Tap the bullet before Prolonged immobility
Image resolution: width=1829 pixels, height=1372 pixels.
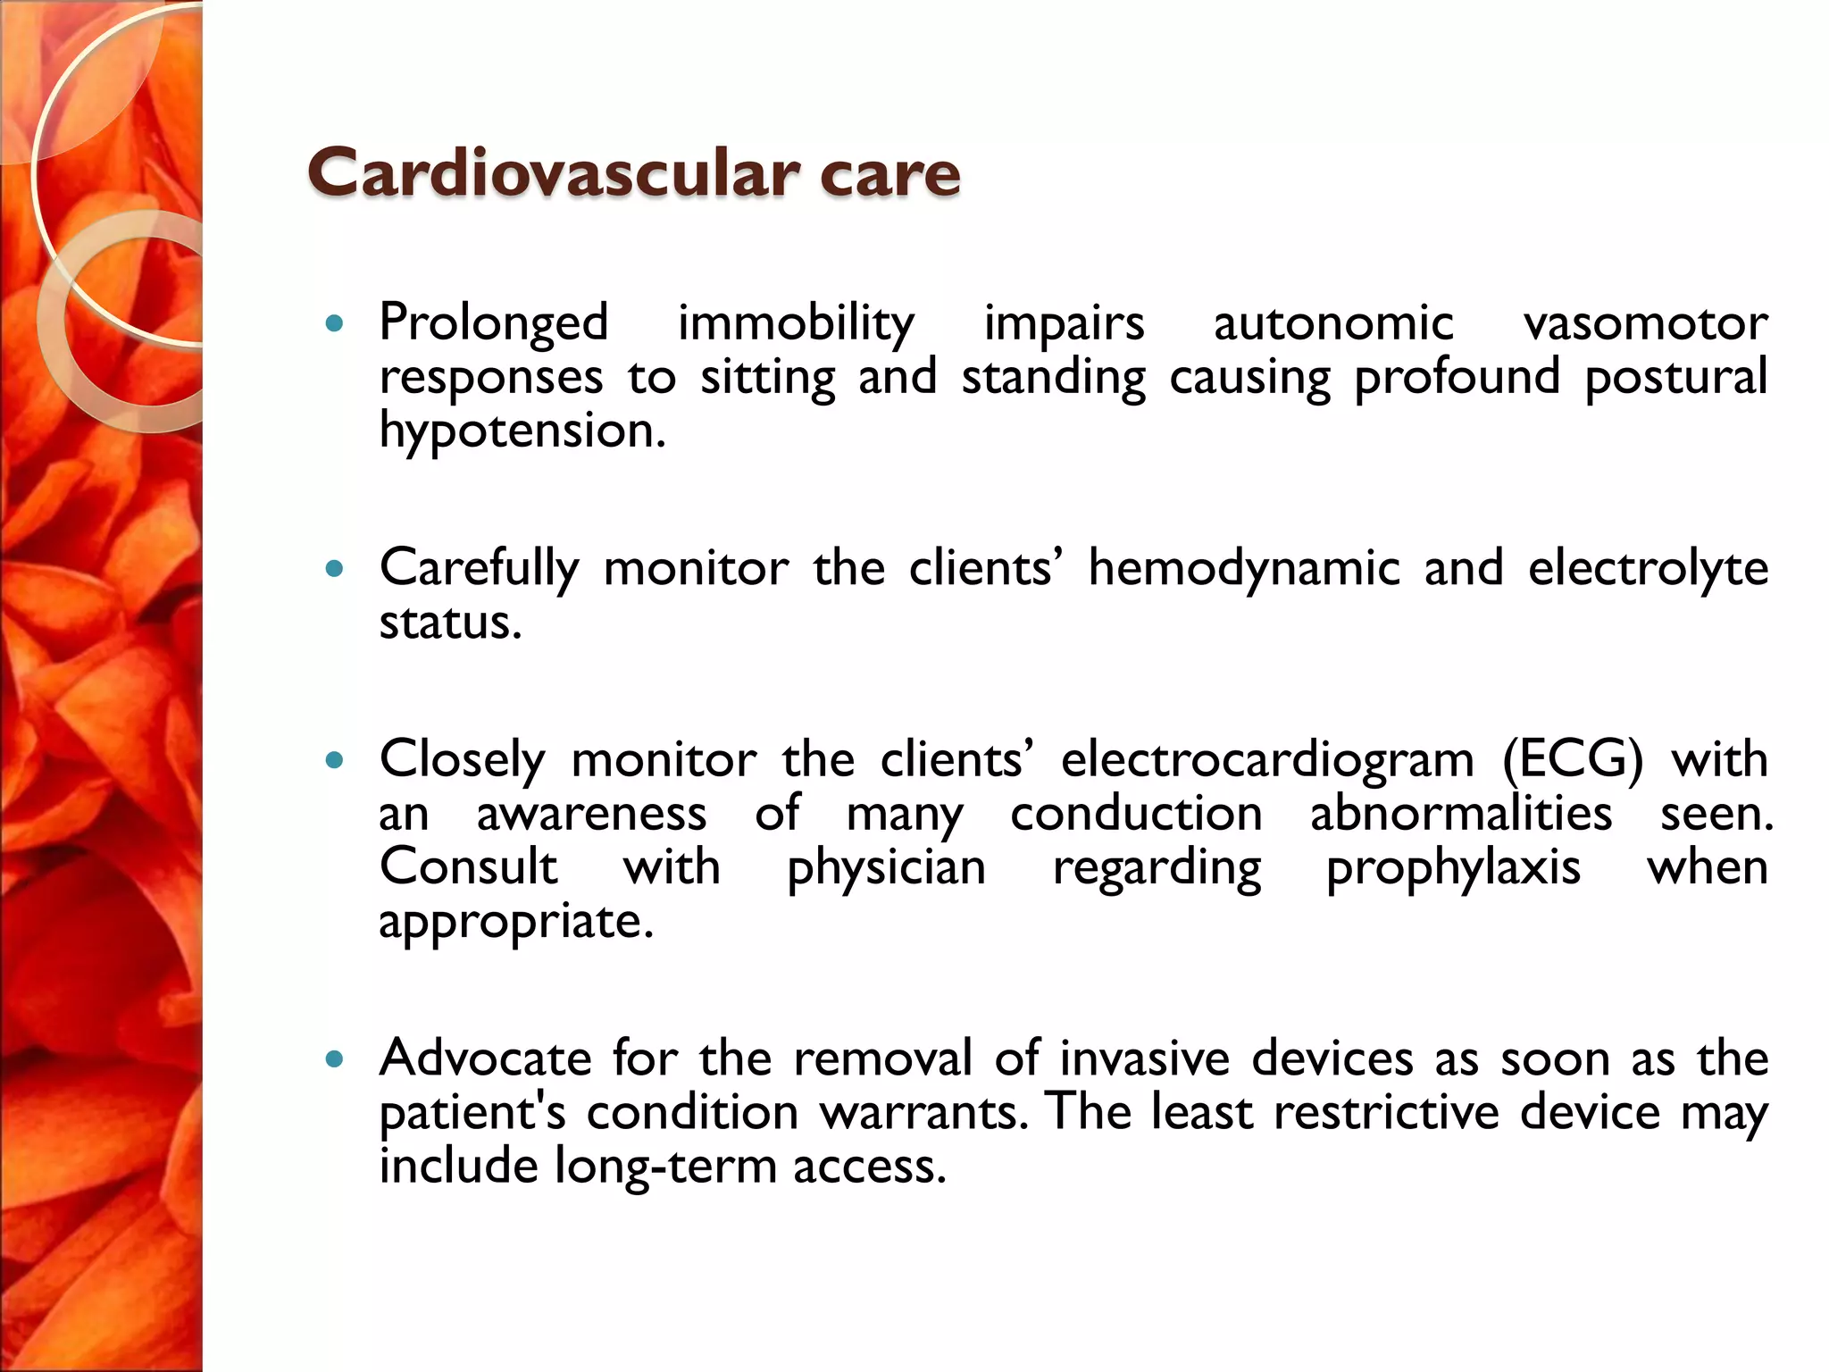pyautogui.click(x=335, y=323)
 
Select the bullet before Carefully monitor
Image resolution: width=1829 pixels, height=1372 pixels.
pyautogui.click(x=335, y=568)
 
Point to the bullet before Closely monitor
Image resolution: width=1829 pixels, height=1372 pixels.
pyautogui.click(x=335, y=760)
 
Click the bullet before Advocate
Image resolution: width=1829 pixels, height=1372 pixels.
pyautogui.click(x=335, y=1059)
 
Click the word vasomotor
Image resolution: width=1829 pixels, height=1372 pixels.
pyautogui.click(x=1645, y=323)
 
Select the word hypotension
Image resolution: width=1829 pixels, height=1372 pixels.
pyautogui.click(x=522, y=431)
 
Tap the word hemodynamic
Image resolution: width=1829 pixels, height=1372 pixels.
pyautogui.click(x=1243, y=568)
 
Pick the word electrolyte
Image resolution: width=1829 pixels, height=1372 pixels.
pyautogui.click(x=1648, y=568)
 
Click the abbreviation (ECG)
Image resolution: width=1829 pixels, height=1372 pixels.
pyautogui.click(x=1572, y=760)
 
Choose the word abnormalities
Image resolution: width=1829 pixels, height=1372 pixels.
pyautogui.click(x=1461, y=814)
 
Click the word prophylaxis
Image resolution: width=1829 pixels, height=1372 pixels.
pyautogui.click(x=1453, y=868)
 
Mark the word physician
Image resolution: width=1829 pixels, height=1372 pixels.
pyautogui.click(x=886, y=868)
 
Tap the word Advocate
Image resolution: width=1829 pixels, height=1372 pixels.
pyautogui.click(x=485, y=1059)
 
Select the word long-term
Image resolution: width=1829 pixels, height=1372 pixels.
pyautogui.click(x=665, y=1167)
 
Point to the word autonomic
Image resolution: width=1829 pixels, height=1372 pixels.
pyautogui.click(x=1332, y=323)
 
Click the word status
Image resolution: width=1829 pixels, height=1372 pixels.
pyautogui.click(x=449, y=623)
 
